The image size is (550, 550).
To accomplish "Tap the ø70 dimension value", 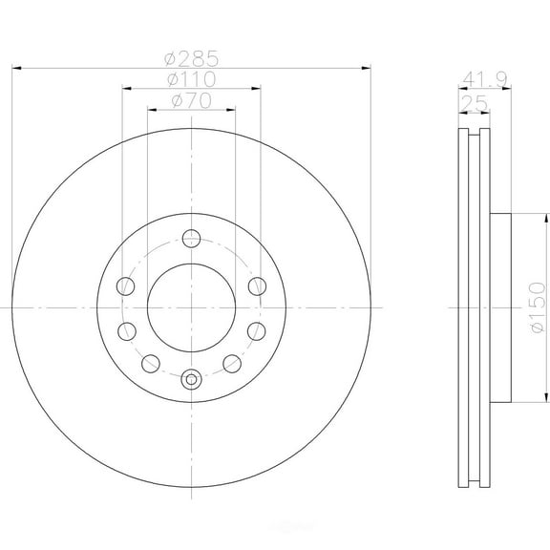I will pyautogui.click(x=192, y=100).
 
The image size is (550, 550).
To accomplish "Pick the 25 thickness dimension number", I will pyautogui.click(x=473, y=101).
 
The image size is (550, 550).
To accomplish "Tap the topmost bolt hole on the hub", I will pyautogui.click(x=192, y=238).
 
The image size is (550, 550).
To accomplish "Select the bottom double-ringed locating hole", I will pyautogui.click(x=192, y=378).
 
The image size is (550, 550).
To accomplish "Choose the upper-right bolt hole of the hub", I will pyautogui.click(x=256, y=285).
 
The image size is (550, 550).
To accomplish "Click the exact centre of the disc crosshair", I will pyautogui.click(x=192, y=307).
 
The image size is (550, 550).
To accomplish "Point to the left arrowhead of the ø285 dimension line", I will pyautogui.click(x=18, y=68).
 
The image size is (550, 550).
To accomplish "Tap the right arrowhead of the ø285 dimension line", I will pyautogui.click(x=365, y=68).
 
